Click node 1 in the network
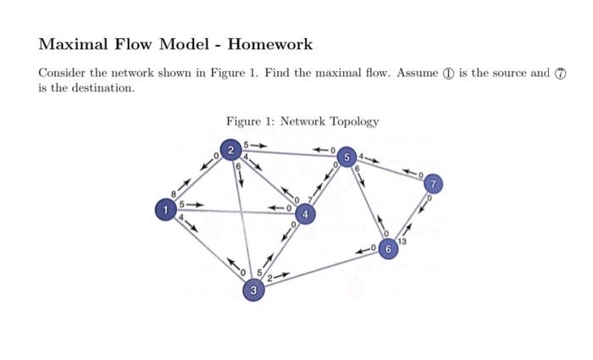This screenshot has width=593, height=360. pyautogui.click(x=167, y=208)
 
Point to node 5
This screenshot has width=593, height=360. pyautogui.click(x=346, y=157)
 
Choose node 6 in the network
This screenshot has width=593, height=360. pyautogui.click(x=388, y=249)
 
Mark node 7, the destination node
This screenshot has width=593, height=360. pyautogui.click(x=433, y=183)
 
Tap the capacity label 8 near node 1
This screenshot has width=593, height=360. pyautogui.click(x=175, y=194)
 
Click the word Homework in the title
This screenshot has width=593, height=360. pyautogui.click(x=269, y=44)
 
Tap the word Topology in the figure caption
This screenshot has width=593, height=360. pyautogui.click(x=352, y=121)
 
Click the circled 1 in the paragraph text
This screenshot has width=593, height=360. pyautogui.click(x=447, y=74)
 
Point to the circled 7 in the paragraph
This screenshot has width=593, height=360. pyautogui.click(x=559, y=74)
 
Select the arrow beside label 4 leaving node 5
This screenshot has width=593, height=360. pyautogui.click(x=373, y=158)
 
